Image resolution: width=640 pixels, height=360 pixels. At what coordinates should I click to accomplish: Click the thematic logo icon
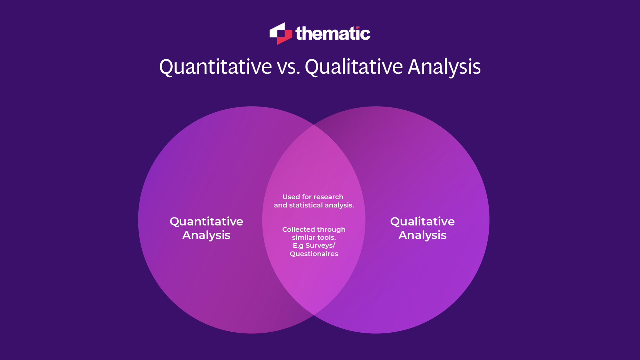tap(281, 33)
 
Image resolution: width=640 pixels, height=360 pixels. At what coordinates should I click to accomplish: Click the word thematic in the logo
tap(332, 33)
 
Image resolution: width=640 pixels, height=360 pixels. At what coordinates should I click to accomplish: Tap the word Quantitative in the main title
tap(216, 67)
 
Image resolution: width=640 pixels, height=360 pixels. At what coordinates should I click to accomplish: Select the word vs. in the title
tap(289, 67)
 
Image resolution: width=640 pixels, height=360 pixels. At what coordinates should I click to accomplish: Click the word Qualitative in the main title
tap(354, 67)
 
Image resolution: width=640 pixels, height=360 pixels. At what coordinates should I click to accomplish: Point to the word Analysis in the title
tap(444, 67)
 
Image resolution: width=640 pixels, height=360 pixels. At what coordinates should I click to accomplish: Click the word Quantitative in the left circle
tap(206, 221)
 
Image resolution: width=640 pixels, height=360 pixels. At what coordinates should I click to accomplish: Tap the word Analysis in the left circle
tap(206, 235)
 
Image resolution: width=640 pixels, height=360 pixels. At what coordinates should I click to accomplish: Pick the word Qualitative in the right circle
tap(422, 221)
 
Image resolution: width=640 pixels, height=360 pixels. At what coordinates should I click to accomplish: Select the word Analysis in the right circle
tap(422, 235)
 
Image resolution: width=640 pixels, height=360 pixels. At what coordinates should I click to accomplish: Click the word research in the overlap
tap(328, 197)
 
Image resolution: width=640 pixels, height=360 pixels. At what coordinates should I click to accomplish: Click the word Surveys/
tap(320, 246)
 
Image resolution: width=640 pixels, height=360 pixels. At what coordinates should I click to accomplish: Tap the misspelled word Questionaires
tap(314, 254)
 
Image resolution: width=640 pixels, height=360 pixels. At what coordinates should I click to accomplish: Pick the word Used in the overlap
tap(291, 197)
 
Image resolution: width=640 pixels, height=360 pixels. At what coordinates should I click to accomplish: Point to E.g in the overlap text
tap(298, 246)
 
